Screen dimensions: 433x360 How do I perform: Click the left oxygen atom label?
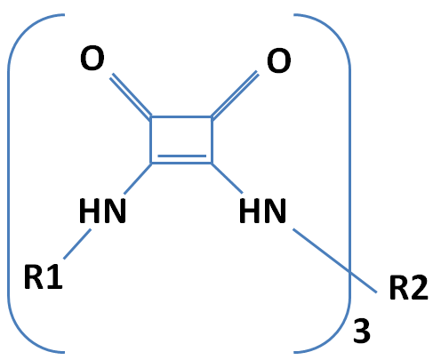click(92, 59)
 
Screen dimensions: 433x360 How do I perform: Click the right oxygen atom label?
click(278, 61)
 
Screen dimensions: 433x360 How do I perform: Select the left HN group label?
click(102, 211)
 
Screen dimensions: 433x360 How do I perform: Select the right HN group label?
click(262, 211)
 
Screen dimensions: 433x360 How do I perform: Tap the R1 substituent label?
click(44, 276)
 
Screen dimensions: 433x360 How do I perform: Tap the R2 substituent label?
click(409, 288)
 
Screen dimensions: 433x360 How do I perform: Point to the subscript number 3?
click(362, 331)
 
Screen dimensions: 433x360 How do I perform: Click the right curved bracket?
click(349, 184)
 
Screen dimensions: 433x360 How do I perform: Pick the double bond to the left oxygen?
click(131, 96)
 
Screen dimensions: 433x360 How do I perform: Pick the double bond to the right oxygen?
click(234, 95)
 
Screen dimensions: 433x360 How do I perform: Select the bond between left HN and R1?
click(77, 244)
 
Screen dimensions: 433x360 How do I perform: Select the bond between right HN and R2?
click(335, 260)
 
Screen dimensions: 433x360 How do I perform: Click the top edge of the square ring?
click(181, 117)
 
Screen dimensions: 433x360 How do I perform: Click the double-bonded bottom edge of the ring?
click(181, 159)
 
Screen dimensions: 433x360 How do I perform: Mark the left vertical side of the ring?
click(151, 140)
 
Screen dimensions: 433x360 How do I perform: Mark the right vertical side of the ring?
click(212, 140)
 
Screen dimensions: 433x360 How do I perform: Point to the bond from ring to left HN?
click(138, 179)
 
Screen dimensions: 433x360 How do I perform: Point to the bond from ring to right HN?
click(227, 178)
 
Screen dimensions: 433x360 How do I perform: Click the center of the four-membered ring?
click(181, 140)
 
